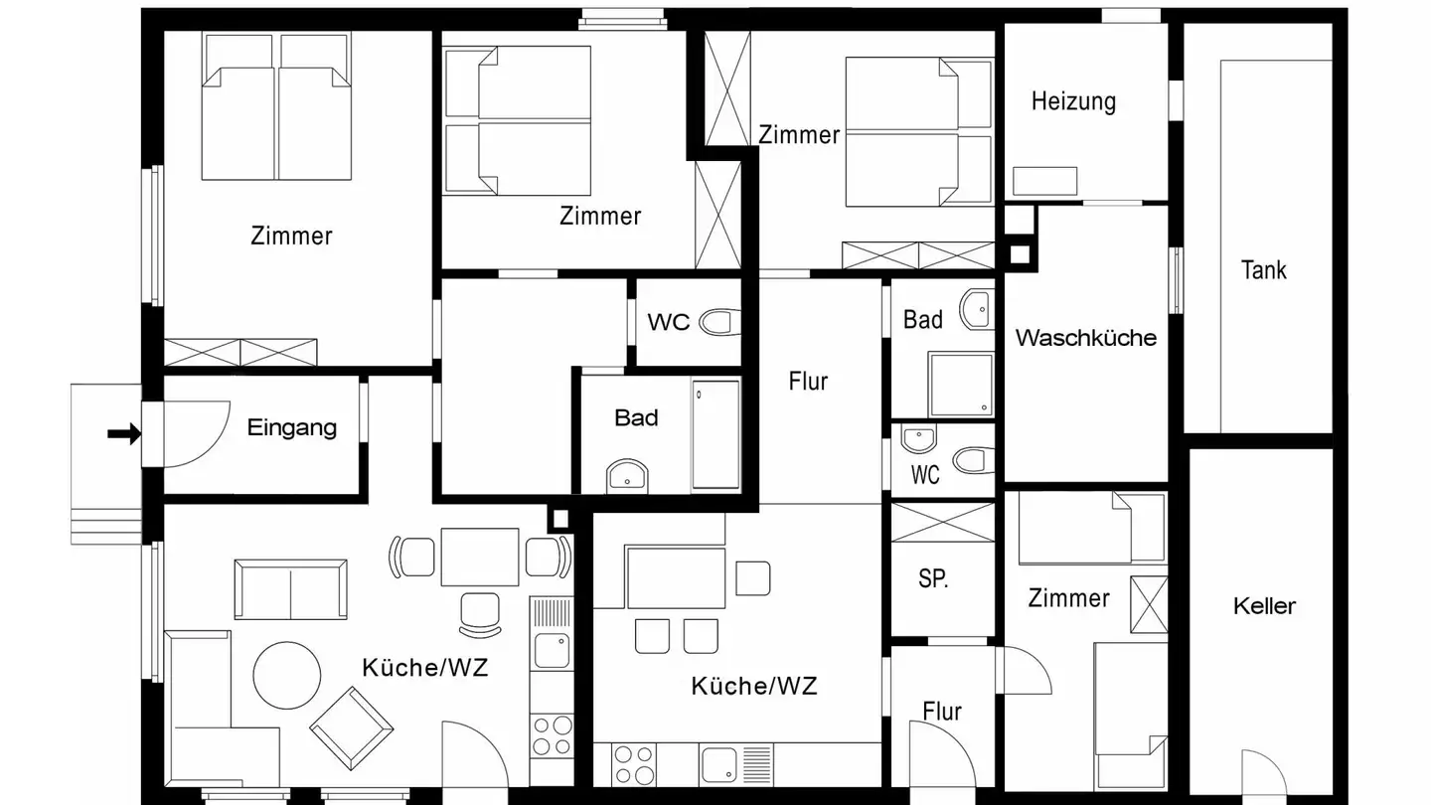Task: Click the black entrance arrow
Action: coord(124,433)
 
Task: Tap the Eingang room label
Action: coord(291,428)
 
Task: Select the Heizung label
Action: coord(1073,101)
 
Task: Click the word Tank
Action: coord(1263,269)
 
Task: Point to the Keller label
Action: coord(1264,605)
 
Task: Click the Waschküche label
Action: coord(1085,338)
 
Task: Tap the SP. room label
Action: coord(932,579)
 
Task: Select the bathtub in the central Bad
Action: coord(715,434)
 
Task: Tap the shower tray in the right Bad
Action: coord(960,383)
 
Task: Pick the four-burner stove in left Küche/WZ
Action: coord(552,736)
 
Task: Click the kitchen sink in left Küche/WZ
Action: coord(552,649)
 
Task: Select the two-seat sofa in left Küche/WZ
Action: coord(290,588)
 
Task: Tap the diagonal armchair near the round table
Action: coord(347,728)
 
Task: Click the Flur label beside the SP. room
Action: coord(941,712)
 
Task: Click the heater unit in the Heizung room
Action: coord(1044,181)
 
